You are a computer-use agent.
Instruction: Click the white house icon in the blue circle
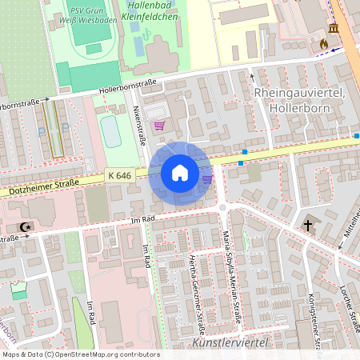click(x=179, y=173)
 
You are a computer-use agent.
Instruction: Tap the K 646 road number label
click(x=118, y=175)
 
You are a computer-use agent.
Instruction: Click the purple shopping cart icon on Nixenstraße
click(x=159, y=125)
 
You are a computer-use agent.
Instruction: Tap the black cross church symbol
click(x=307, y=226)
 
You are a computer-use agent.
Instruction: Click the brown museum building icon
click(x=333, y=30)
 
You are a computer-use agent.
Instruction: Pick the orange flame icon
click(x=323, y=43)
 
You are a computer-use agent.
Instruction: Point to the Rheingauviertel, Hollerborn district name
click(x=298, y=100)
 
